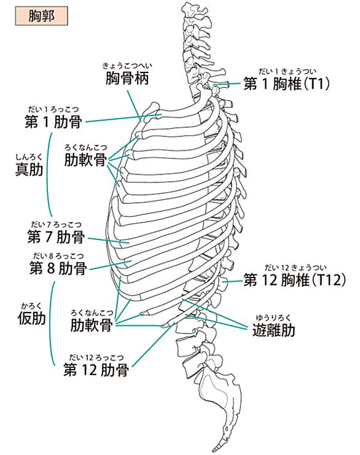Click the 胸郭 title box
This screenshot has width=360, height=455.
coord(41,16)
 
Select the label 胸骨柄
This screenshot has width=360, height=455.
coord(127,79)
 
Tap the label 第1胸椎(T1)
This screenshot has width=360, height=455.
coord(286,84)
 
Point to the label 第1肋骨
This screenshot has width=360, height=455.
coord(53,122)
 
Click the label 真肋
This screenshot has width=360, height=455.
coord(29,169)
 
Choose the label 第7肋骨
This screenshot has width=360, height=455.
coord(56,237)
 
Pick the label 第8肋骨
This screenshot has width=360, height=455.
coord(58,268)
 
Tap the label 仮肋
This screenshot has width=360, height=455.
coord(31,318)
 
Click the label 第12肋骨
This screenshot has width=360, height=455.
coord(96,370)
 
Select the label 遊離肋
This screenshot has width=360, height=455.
coord(273,330)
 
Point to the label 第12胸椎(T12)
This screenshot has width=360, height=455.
coord(294,280)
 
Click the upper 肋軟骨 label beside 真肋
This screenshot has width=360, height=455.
coord(85,160)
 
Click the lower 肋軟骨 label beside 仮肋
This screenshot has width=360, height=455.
coord(92,325)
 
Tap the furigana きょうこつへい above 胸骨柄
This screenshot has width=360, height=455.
coord(127,66)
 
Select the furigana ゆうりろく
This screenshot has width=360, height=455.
coord(273,318)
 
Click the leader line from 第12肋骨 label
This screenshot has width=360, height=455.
coord(153,344)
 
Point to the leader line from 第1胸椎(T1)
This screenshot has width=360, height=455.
coord(227,84)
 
